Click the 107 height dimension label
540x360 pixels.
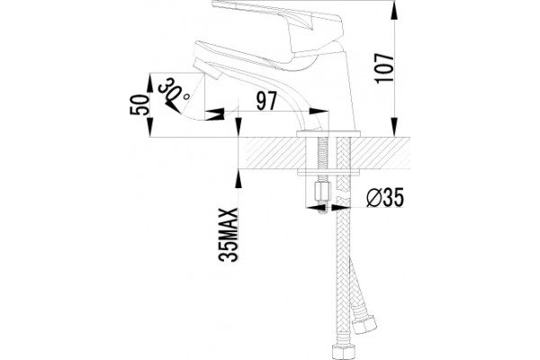coord(384,67)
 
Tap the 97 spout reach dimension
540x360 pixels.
coord(266,101)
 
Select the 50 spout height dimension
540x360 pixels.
coord(139,104)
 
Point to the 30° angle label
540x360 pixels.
coord(174,89)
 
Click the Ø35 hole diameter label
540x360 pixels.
coord(384,198)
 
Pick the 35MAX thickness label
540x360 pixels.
coord(229,235)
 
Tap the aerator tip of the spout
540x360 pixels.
coord(208,69)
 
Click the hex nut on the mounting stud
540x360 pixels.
coord(323,193)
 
